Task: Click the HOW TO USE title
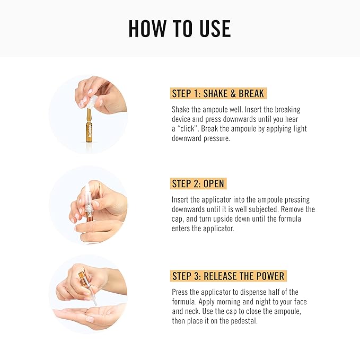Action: pos(180,29)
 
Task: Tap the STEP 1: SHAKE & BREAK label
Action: pos(218,94)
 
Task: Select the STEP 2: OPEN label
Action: pos(198,184)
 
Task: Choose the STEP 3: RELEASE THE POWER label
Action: pos(229,276)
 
